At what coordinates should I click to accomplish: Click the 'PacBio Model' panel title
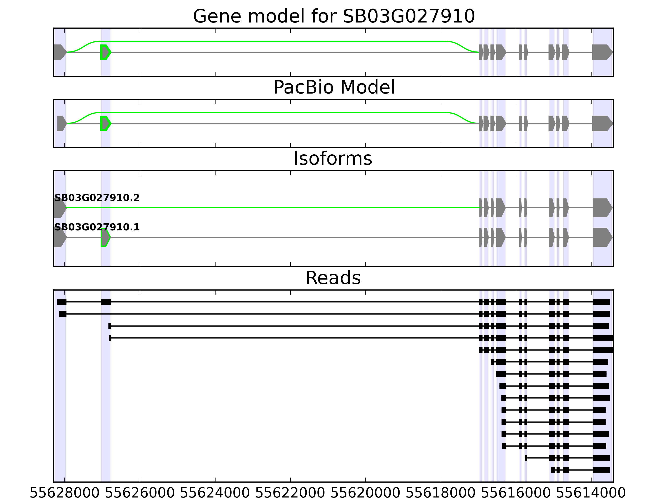pos(334,87)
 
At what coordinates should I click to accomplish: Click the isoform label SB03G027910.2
pos(97,198)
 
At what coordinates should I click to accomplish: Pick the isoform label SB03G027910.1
pos(97,227)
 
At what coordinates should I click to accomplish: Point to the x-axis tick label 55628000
pos(65,493)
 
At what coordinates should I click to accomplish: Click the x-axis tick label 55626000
pos(140,493)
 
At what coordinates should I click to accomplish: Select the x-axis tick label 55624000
pos(215,493)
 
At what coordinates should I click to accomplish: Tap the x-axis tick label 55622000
pos(290,493)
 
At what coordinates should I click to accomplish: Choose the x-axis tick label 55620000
pos(365,493)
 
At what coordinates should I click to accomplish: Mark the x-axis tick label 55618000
pos(441,493)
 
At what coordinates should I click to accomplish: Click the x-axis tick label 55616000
pos(516,493)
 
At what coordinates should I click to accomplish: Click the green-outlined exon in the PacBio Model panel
pos(105,123)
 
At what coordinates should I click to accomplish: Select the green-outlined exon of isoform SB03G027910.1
pos(105,237)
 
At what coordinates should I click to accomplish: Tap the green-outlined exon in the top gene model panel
pos(105,52)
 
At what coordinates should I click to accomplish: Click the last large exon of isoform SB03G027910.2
pos(602,208)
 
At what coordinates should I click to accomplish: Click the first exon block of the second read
pos(62,314)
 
